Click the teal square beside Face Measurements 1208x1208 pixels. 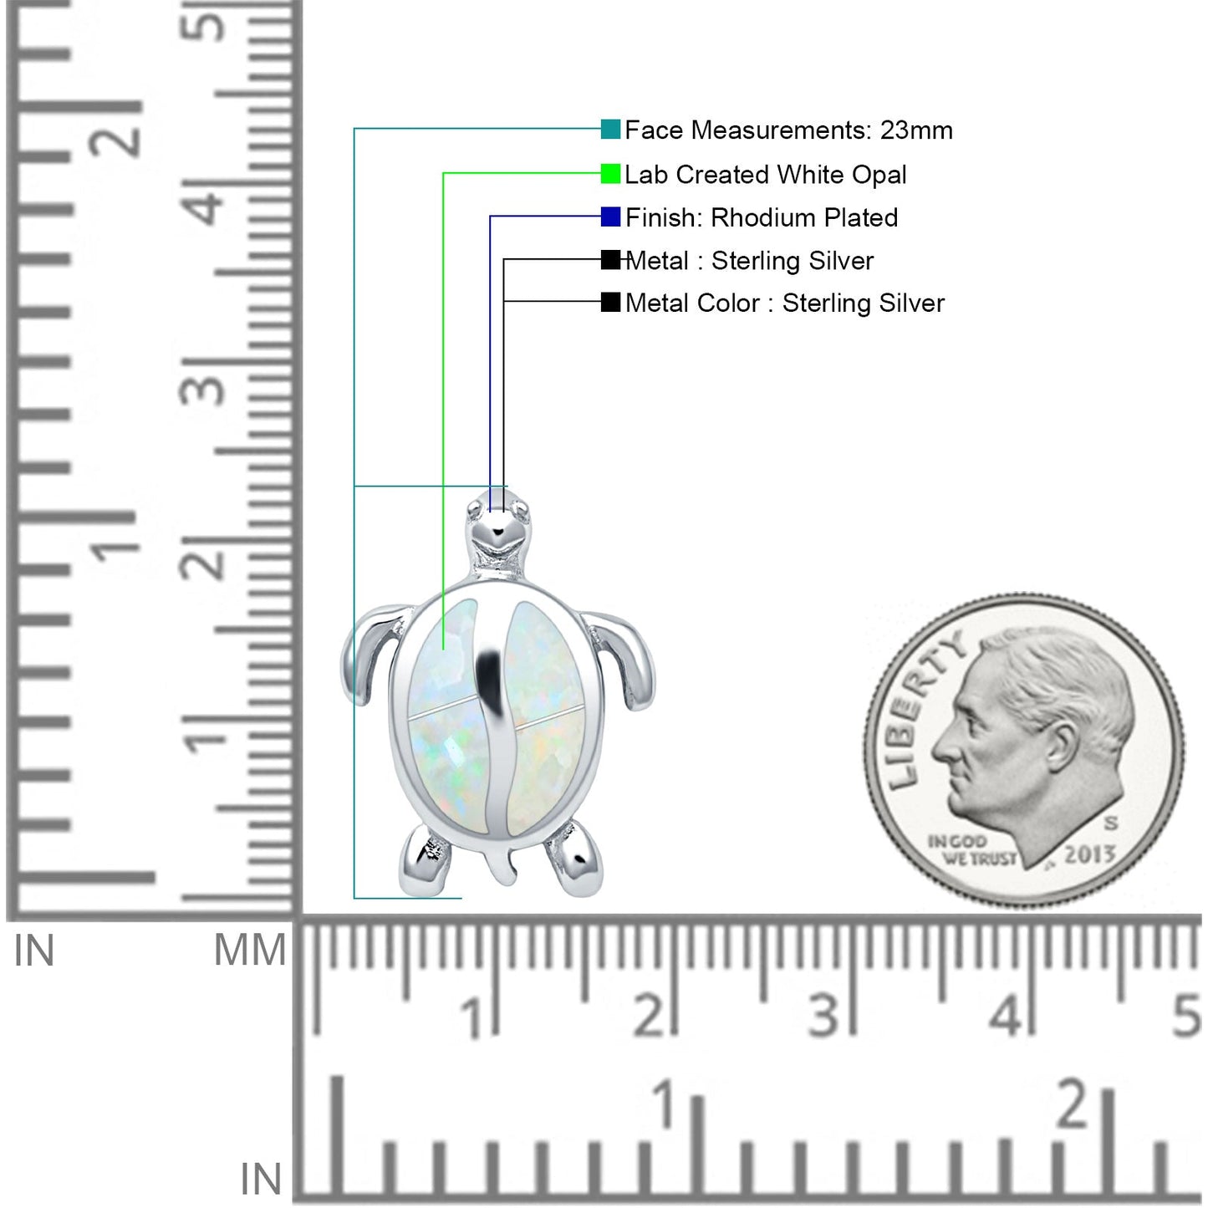610,129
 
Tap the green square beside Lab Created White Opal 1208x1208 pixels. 610,173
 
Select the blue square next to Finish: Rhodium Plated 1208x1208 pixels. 610,217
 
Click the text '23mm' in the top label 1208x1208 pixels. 916,130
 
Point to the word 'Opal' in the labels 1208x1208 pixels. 879,175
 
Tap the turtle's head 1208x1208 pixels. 497,527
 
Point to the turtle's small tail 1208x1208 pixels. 501,864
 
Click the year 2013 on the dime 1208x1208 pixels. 1089,854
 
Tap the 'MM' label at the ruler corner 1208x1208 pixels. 250,951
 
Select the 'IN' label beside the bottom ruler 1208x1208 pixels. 261,1179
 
